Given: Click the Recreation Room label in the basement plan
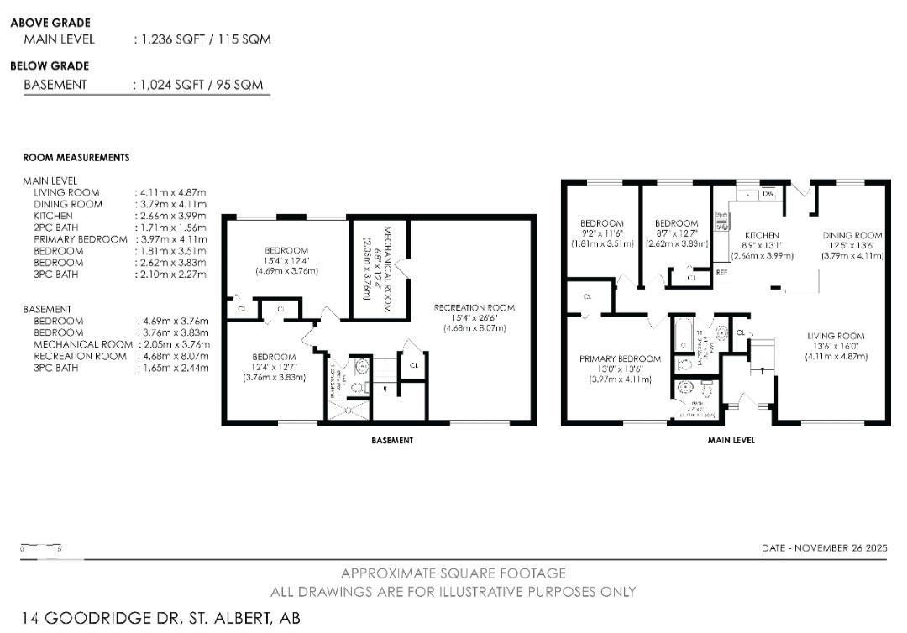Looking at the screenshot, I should [474, 307].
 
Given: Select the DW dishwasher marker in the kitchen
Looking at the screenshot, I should [768, 195].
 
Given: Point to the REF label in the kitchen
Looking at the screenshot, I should [721, 272].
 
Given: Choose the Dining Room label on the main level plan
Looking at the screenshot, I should [852, 235].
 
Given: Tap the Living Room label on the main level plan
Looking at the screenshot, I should [837, 336].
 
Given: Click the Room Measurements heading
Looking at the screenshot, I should [76, 157].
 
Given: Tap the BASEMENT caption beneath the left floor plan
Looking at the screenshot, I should [392, 440].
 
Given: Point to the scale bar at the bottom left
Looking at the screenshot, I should [41, 548].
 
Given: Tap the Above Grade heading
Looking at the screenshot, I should [50, 23].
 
